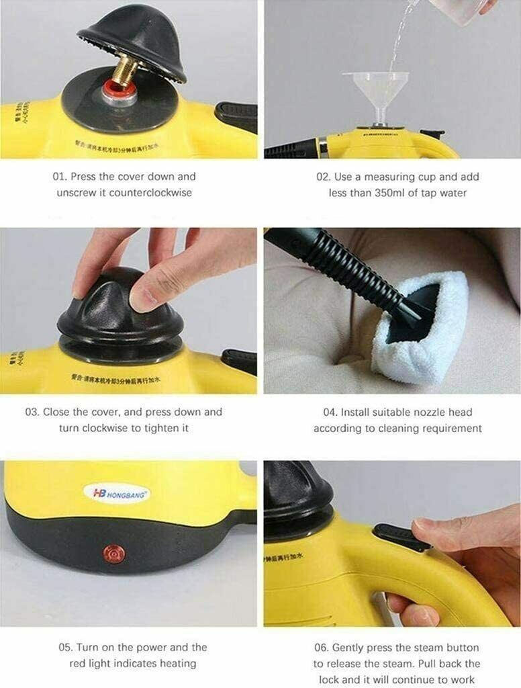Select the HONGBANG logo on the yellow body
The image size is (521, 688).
pos(117,493)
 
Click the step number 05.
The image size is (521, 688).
pos(65,648)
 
